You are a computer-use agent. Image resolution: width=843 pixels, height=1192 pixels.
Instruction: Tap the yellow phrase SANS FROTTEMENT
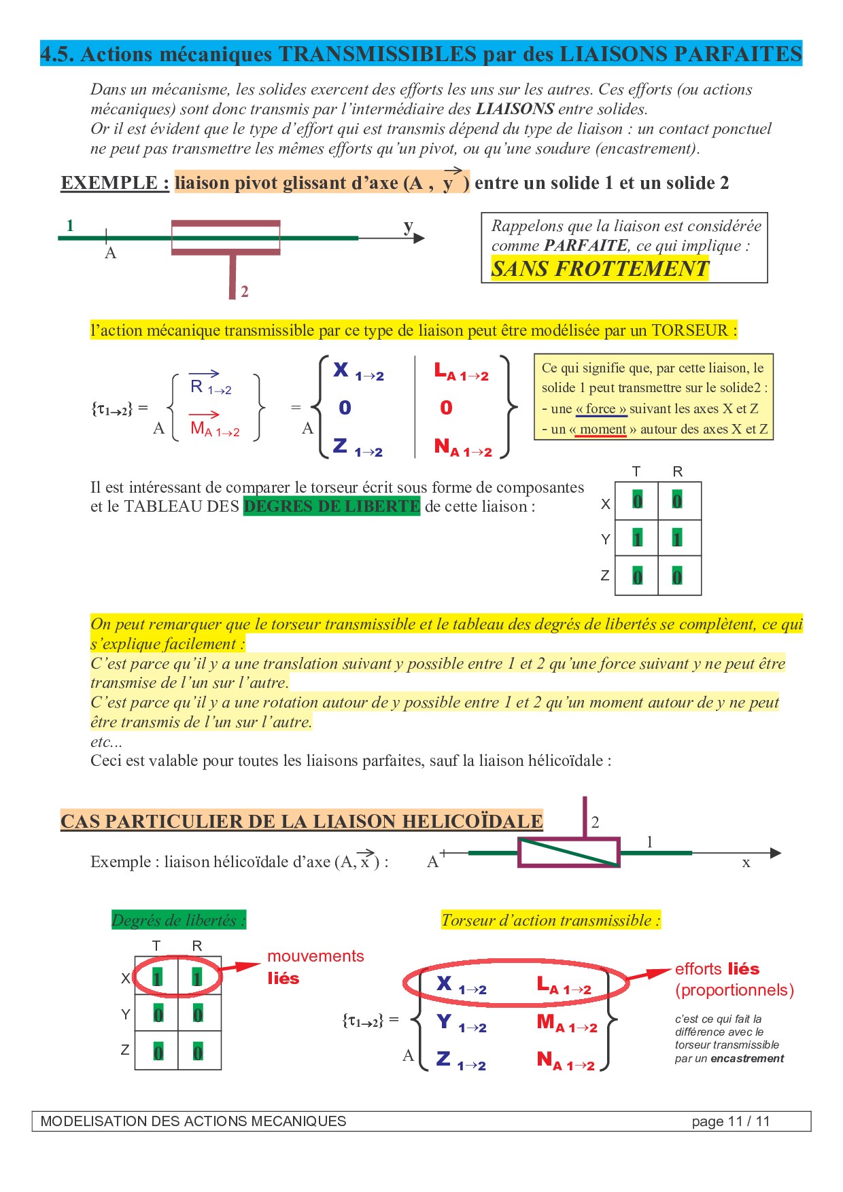[x=600, y=269]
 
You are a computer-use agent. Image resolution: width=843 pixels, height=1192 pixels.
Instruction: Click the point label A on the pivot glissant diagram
[x=111, y=253]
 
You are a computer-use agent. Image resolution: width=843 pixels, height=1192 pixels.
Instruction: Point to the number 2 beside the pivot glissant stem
[x=245, y=292]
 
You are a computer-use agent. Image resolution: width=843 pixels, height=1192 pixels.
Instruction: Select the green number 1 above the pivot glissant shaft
[x=70, y=225]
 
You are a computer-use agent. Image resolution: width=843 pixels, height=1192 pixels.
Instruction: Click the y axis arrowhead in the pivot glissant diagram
[x=419, y=238]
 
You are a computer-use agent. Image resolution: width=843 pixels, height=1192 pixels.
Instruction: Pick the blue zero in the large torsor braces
[x=345, y=408]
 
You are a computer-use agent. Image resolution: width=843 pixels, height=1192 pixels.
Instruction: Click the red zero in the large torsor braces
[x=446, y=408]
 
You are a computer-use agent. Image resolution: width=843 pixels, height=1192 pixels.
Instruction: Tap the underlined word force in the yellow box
[x=601, y=409]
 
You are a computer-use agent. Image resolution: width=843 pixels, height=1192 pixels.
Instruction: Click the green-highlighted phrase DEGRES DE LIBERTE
[x=332, y=506]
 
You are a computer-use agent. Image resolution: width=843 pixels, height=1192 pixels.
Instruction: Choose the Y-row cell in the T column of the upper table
[x=637, y=539]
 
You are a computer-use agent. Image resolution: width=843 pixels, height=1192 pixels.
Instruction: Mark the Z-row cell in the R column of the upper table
[x=678, y=576]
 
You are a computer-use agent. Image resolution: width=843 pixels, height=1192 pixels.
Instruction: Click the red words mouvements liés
[x=315, y=967]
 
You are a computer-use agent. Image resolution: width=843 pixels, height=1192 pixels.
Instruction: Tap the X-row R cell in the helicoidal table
[x=198, y=978]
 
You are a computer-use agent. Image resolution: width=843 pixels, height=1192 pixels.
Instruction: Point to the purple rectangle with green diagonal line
[x=569, y=852]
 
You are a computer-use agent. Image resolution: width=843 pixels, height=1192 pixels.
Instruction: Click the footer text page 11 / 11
[x=730, y=1121]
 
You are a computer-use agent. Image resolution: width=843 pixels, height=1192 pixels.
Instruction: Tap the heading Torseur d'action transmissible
[x=551, y=921]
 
